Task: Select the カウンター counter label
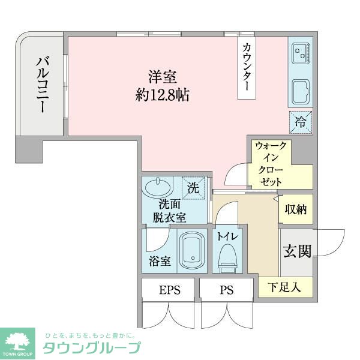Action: (247, 66)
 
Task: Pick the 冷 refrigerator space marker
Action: (300, 122)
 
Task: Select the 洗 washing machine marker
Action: (193, 187)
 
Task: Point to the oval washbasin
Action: (157, 187)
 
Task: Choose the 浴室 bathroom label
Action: (160, 262)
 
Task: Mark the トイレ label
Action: (228, 237)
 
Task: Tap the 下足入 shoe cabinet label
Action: (286, 287)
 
